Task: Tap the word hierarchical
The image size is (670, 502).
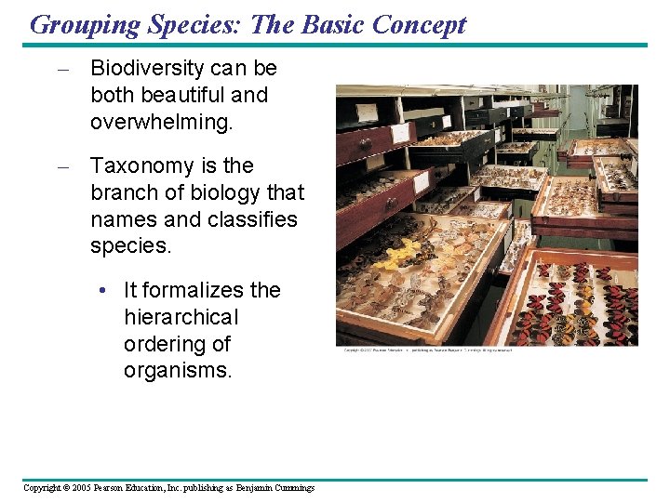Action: point(181,318)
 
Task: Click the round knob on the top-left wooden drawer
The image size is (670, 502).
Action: point(366,143)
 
